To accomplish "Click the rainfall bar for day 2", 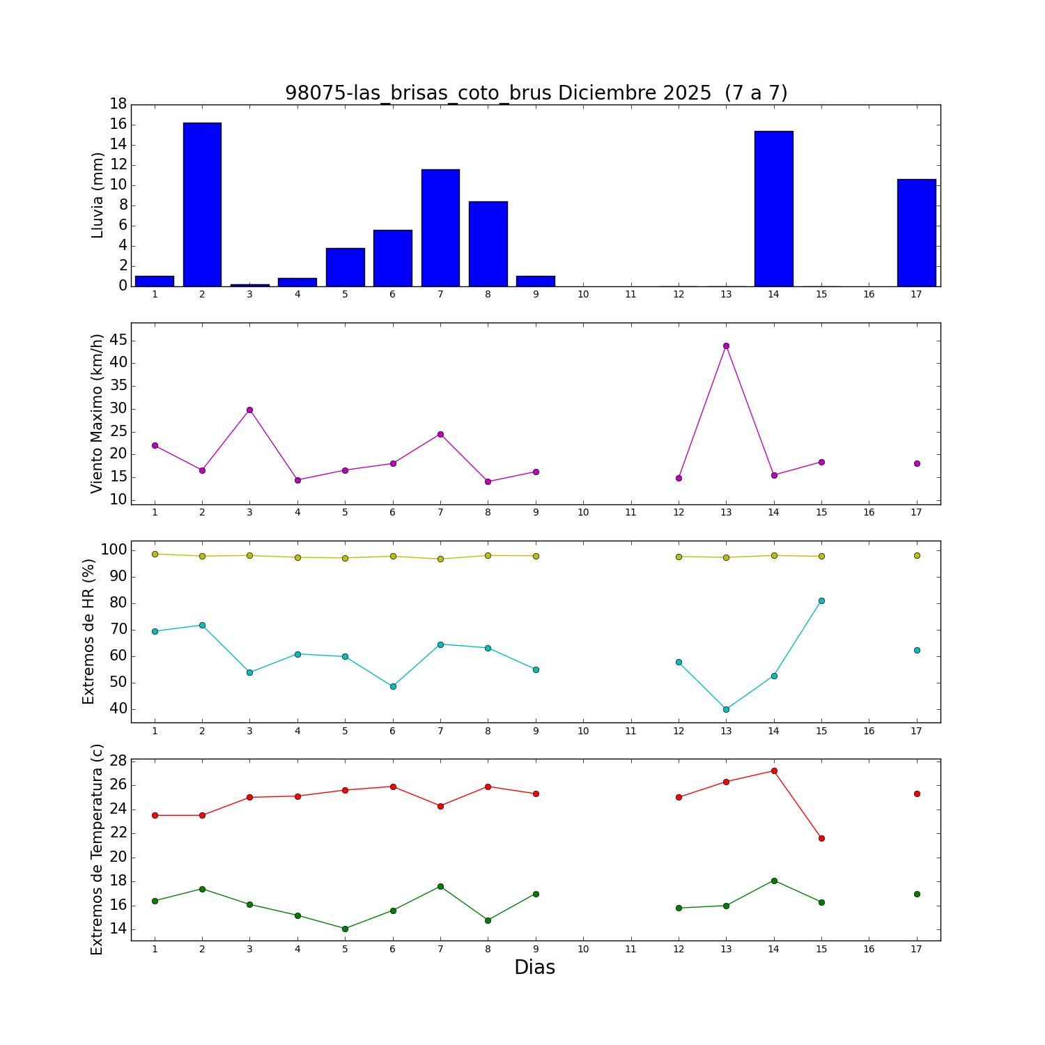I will click(202, 205).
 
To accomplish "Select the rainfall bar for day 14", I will click(773, 209).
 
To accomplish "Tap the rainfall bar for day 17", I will click(916, 233).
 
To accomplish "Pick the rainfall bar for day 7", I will click(440, 228).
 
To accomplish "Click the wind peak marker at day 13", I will click(726, 346).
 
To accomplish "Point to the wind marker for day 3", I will click(249, 410).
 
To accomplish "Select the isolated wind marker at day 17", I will click(917, 463).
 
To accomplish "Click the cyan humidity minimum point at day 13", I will click(726, 709).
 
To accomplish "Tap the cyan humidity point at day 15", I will click(821, 601).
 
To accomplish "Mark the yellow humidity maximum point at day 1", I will click(155, 554).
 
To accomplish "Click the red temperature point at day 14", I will click(774, 771).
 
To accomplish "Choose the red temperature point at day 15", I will click(821, 838).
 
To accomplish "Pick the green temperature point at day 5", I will click(345, 929).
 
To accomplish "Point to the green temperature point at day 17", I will click(917, 894).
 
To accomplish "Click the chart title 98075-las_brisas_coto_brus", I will click(536, 93).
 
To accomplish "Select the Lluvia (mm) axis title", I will click(98, 195).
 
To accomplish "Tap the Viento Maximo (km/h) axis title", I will click(98, 413).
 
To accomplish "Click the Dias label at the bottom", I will click(534, 968).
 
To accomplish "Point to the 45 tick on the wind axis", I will click(118, 340).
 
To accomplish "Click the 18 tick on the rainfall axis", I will click(118, 104).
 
